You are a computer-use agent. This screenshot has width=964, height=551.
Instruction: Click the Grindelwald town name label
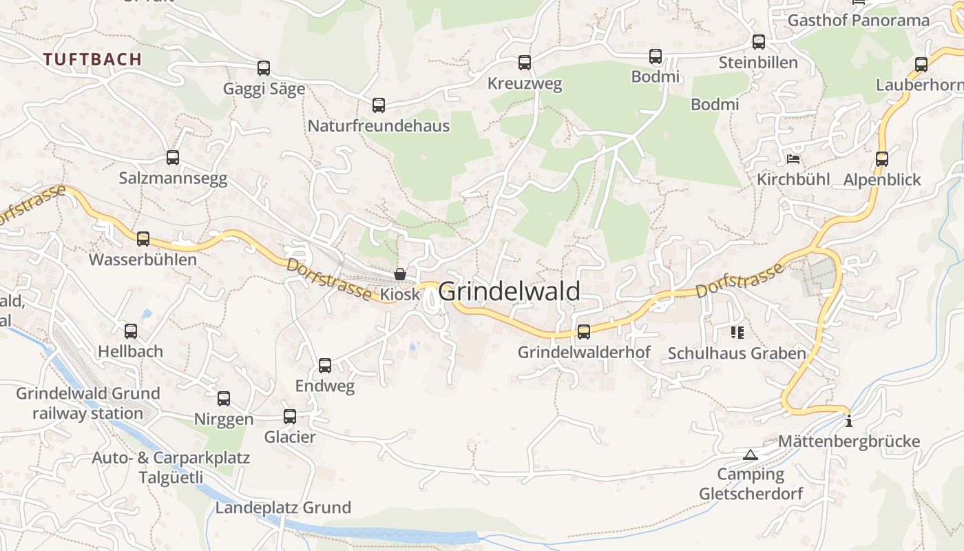509,291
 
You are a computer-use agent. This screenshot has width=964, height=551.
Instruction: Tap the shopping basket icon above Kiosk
399,274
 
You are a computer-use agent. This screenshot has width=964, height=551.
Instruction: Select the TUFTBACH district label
92,59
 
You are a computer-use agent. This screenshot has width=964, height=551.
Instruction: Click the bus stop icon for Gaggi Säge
264,68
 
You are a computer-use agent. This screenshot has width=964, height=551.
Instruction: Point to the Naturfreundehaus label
378,126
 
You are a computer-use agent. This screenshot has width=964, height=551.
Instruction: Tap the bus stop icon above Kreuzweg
525,63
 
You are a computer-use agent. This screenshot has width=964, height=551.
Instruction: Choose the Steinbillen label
758,63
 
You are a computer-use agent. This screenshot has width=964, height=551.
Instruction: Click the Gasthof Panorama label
858,20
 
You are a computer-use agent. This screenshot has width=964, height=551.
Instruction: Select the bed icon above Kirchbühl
793,159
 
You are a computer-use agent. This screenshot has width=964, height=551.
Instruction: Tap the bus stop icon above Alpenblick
882,159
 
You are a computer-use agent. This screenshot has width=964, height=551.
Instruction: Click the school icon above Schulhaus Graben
737,333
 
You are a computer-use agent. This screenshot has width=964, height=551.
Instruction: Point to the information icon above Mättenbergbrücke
849,421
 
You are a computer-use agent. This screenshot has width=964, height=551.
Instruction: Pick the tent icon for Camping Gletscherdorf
751,455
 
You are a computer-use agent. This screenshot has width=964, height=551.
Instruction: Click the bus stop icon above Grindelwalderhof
584,332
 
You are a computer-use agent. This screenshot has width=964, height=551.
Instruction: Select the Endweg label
325,386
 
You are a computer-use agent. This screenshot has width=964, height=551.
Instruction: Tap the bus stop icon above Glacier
290,416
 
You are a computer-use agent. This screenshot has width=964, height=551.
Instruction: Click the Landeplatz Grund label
283,508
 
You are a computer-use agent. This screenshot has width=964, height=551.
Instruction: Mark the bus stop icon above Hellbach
131,331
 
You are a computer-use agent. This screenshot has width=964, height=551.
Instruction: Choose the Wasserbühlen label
143,260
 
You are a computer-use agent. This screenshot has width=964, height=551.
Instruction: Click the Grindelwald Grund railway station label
87,403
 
